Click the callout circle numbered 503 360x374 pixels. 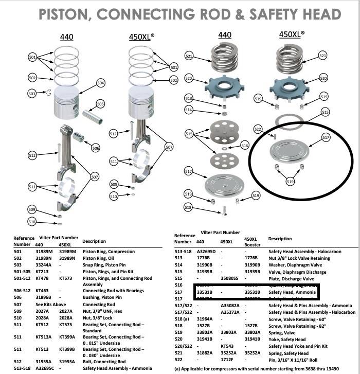pyautogui.click(x=32, y=93)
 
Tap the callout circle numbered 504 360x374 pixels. pyautogui.click(x=100, y=83)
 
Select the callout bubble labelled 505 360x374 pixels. pyautogui.click(x=100, y=104)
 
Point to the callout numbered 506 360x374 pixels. pyautogui.click(x=95, y=148)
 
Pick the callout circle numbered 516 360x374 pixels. pyautogui.click(x=244, y=146)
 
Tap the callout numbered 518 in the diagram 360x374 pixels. pyautogui.click(x=189, y=207)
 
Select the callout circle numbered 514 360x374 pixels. pyautogui.click(x=189, y=110)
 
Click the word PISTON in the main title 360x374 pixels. pyautogui.click(x=68, y=15)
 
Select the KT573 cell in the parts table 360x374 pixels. pyautogui.click(x=65, y=278)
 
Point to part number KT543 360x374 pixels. pyautogui.click(x=227, y=346)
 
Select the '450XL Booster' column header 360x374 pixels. pyautogui.click(x=251, y=242)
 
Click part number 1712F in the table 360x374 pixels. pyautogui.click(x=227, y=360)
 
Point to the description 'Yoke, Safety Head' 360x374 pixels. pyautogui.click(x=287, y=340)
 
